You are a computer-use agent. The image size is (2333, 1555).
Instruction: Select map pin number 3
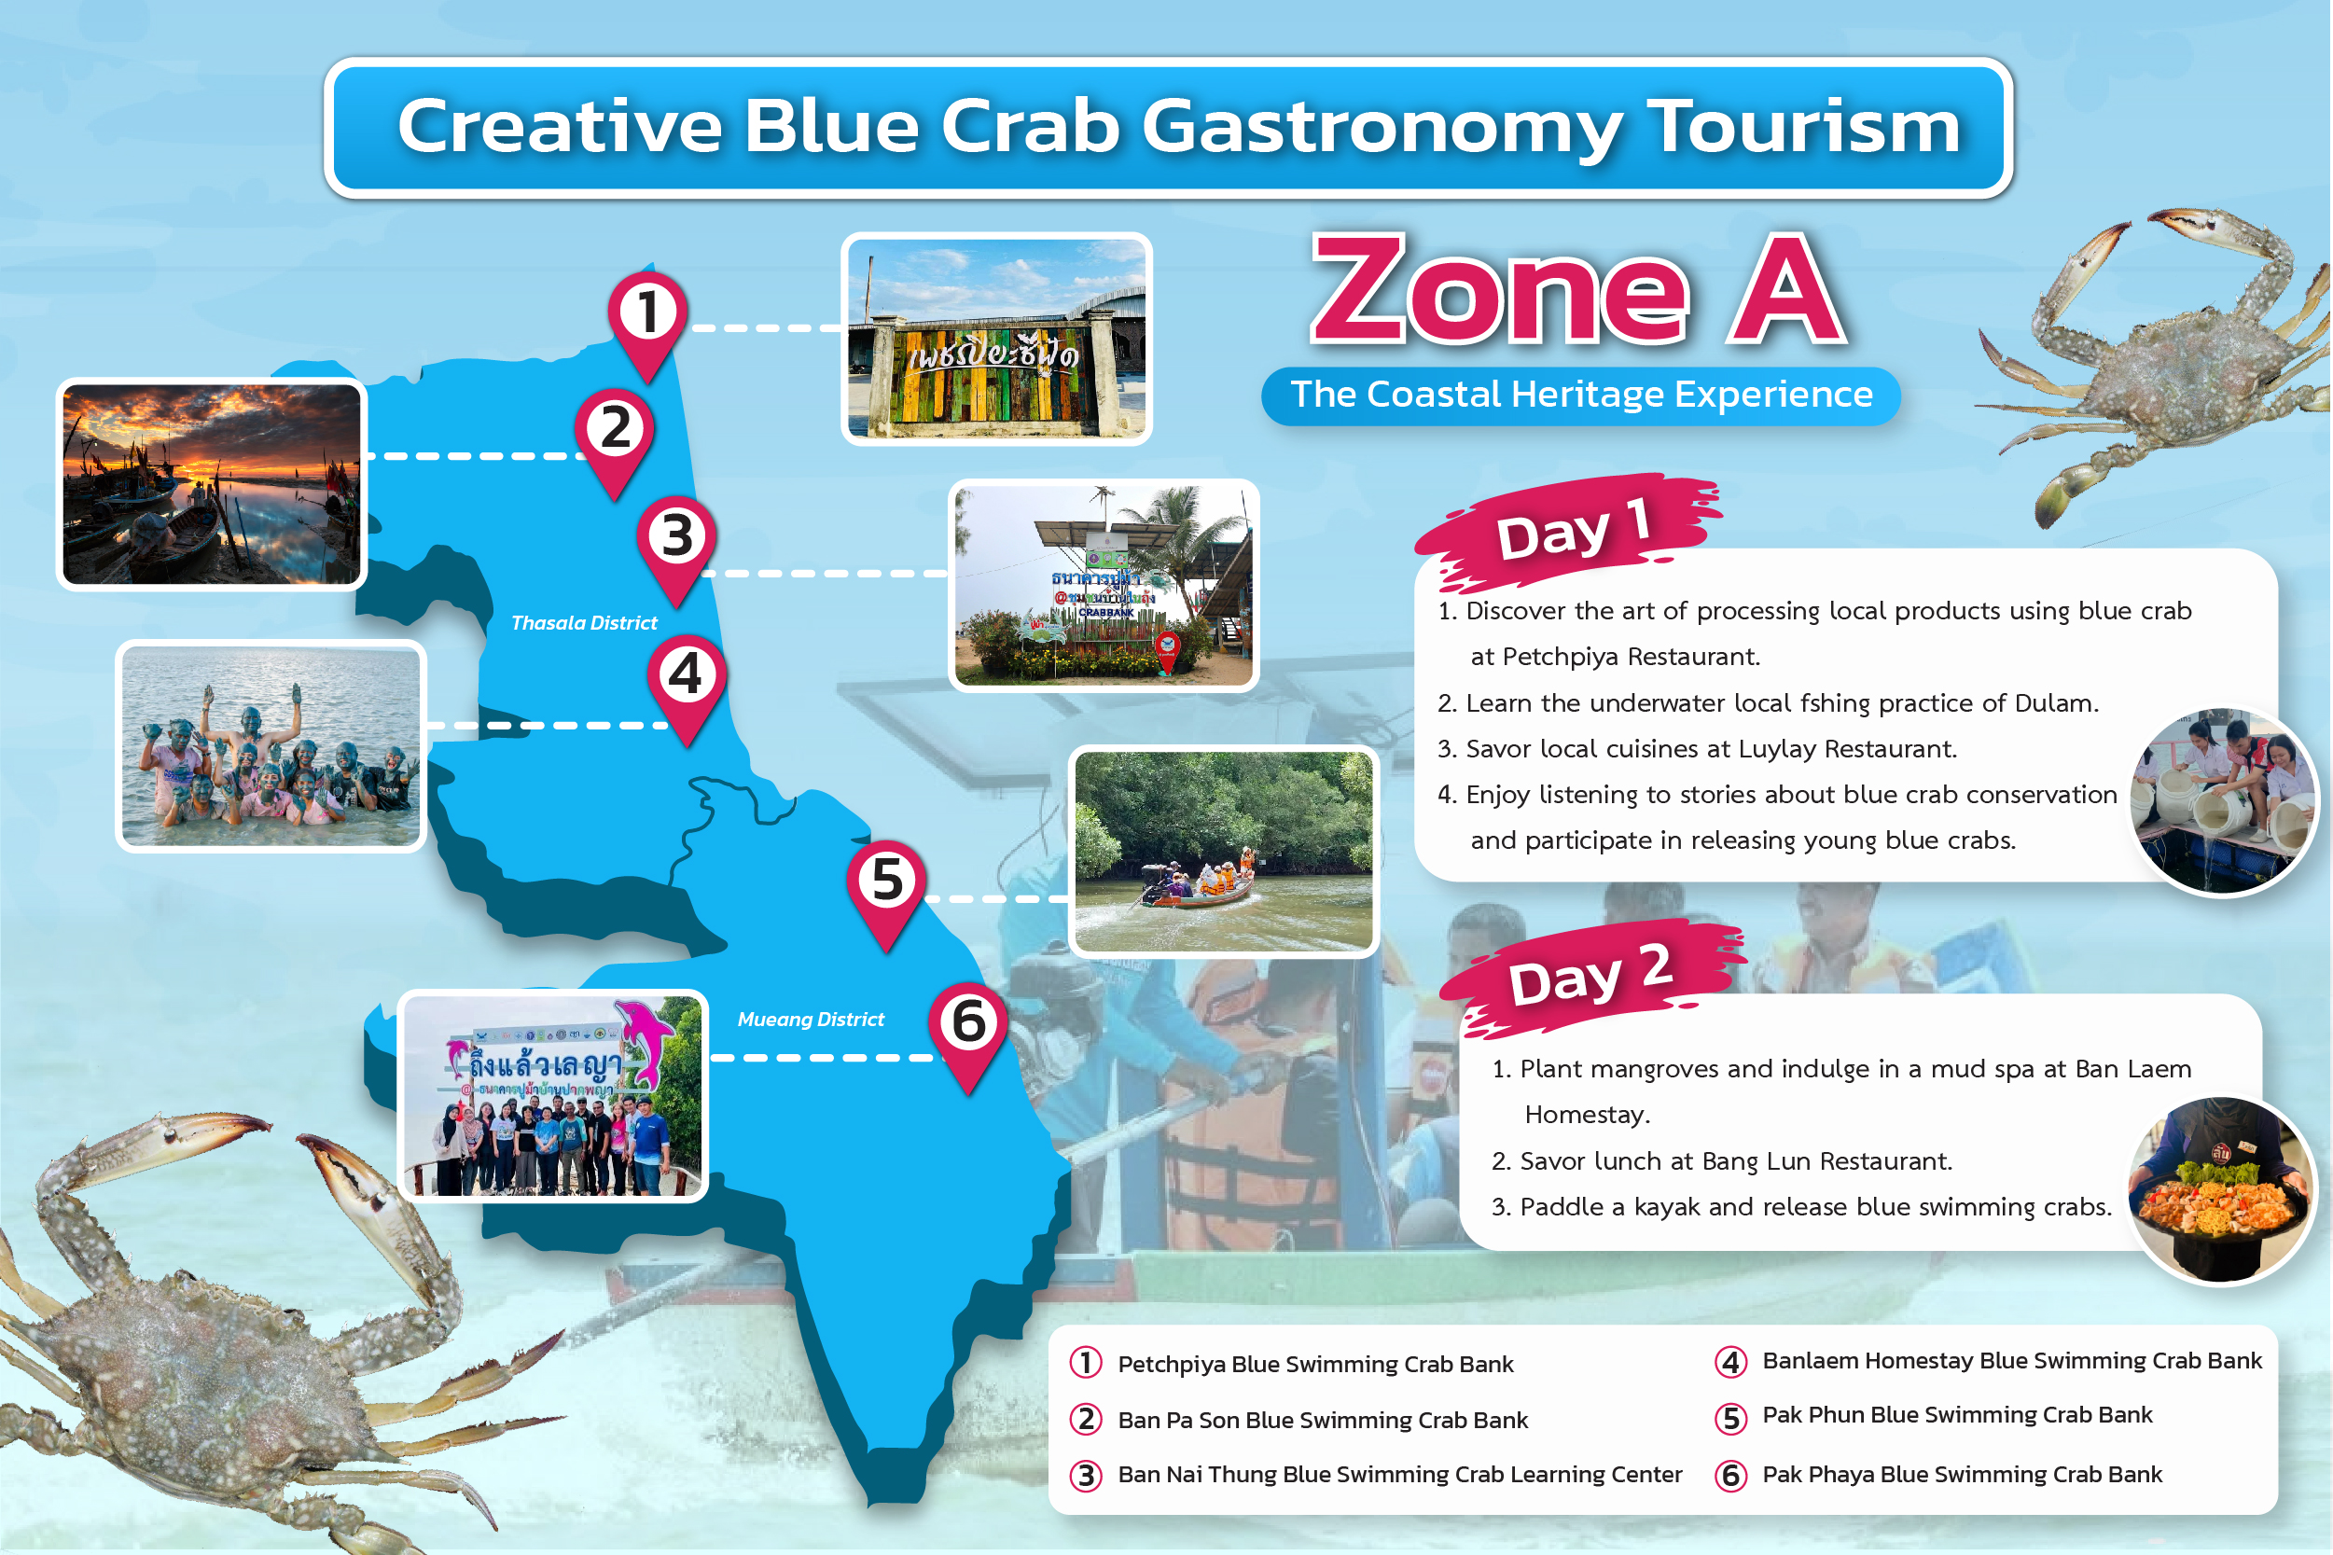click(676, 548)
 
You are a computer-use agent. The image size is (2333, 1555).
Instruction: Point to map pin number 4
click(687, 687)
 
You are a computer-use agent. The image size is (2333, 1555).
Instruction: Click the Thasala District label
click(584, 623)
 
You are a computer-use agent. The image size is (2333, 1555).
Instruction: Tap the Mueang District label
click(810, 1020)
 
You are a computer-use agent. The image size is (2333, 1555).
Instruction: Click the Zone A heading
click(1577, 288)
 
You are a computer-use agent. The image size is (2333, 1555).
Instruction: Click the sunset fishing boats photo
click(211, 484)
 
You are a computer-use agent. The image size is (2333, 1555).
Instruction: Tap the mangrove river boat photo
click(1224, 851)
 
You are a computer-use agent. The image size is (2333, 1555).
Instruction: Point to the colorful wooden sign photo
click(996, 339)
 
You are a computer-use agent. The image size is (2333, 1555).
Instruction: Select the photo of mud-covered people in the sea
click(271, 745)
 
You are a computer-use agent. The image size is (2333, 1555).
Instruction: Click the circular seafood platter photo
click(2221, 1188)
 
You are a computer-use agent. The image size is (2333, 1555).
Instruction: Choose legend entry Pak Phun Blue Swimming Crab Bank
click(1956, 1415)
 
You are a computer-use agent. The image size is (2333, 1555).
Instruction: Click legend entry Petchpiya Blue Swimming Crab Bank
click(1314, 1365)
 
